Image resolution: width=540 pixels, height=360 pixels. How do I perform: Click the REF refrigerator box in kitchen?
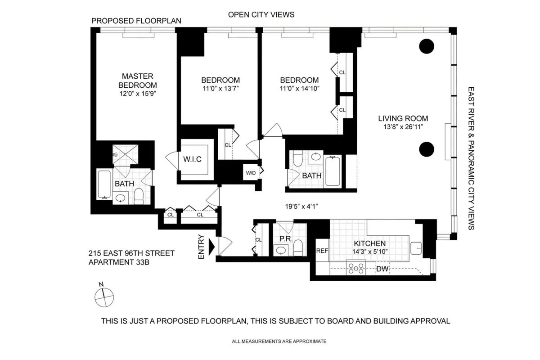pos(322,251)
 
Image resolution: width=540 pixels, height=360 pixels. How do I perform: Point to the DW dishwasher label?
pos(382,269)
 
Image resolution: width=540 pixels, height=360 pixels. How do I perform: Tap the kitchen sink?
pos(416,247)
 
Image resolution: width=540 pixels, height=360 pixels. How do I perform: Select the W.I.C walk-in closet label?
pos(192,159)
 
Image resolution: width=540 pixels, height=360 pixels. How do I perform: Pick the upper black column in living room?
pos(427,46)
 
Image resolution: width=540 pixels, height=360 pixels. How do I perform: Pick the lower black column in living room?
pos(427,149)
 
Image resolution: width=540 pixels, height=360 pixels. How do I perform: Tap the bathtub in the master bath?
pos(104,184)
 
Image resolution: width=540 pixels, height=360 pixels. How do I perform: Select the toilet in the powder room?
pos(298,250)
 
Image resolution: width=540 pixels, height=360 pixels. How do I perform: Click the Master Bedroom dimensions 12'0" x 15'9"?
pos(137,93)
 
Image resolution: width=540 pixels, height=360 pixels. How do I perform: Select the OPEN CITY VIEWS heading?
pos(261,15)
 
